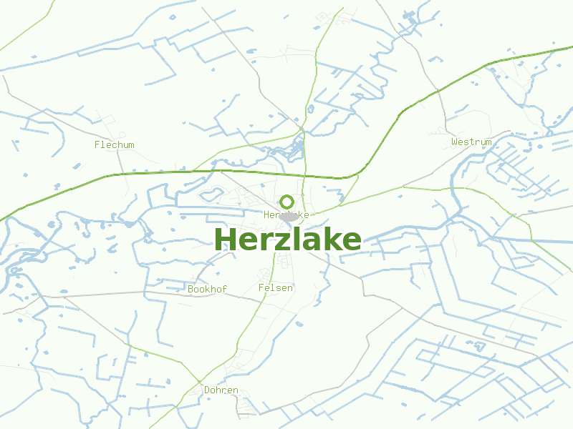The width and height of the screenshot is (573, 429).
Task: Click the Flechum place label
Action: pos(115,144)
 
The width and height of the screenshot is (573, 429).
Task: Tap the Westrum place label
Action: pos(471,142)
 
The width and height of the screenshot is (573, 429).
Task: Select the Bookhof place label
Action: pos(207,290)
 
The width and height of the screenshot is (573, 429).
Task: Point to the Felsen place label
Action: pos(275,287)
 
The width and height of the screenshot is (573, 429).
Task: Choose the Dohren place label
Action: pos(221,390)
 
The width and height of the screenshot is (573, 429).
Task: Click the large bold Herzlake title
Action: pos(287,240)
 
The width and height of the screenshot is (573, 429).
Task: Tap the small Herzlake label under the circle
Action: pos(286,214)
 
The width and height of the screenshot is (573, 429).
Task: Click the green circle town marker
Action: pos(287,202)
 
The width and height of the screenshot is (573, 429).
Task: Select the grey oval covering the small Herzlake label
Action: pos(289,216)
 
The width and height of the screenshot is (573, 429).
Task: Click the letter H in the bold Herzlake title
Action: pos(224,240)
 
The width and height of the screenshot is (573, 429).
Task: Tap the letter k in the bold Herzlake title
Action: pos(326,240)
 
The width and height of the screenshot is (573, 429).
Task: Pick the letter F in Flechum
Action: pos(97,144)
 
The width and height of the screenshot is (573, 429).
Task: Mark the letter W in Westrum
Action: pos(455,142)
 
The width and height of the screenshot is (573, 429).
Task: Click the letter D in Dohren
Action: pos(207,390)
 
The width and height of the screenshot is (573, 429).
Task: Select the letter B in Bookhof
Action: pos(191,290)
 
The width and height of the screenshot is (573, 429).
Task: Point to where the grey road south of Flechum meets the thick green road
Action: pos(121,172)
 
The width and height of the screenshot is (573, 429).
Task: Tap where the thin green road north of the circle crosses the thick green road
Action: pos(304,177)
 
